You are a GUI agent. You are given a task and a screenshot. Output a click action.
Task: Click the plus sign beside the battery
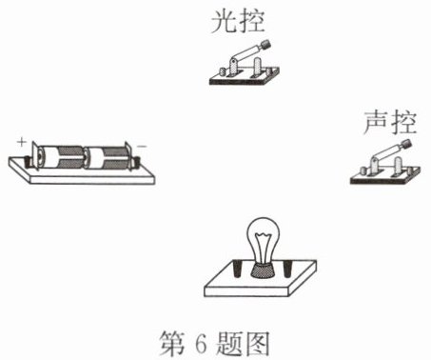coord(22,142)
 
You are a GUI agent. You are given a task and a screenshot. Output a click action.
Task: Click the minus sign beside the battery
coord(142,146)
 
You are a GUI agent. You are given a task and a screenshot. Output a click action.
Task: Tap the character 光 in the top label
coord(224,21)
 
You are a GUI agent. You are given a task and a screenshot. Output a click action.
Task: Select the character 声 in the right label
coord(376,123)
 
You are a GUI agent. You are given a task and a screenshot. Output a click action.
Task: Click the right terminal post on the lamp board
coord(287,269)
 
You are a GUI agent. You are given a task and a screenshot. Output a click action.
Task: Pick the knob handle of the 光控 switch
coord(265,45)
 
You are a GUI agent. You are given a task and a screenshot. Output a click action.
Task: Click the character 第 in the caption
coord(172,343)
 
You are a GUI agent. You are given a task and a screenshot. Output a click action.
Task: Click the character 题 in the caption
coord(229,343)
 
